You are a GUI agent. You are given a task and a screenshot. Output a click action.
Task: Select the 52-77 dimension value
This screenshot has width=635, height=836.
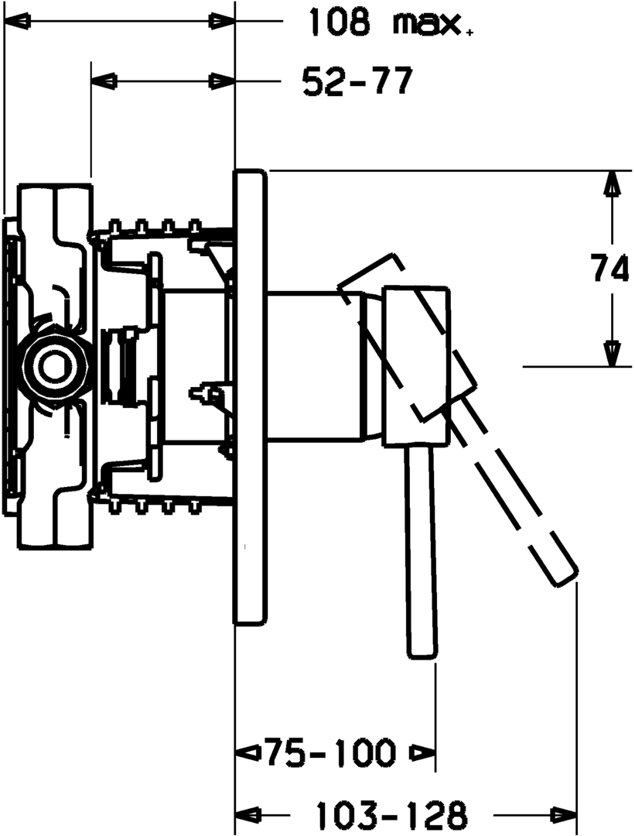pyautogui.click(x=357, y=81)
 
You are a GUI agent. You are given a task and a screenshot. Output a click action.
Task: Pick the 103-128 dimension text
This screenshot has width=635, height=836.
pyautogui.click(x=391, y=814)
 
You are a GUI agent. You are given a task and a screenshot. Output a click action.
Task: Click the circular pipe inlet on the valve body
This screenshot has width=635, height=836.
pyautogui.click(x=55, y=364)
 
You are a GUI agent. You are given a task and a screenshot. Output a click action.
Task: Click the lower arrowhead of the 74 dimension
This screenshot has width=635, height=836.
pyautogui.click(x=611, y=353)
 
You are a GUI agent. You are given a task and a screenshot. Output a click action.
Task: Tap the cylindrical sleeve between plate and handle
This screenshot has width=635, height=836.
pyautogui.click(x=313, y=366)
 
